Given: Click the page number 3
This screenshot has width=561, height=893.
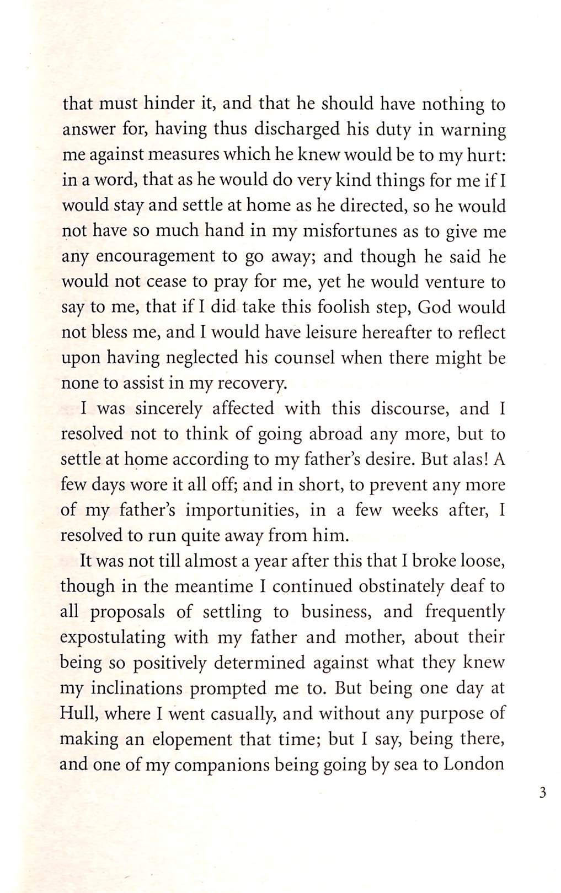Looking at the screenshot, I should click(x=543, y=794).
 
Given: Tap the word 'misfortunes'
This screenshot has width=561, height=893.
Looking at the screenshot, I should click(x=336, y=231).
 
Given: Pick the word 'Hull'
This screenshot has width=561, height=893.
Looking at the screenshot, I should click(x=78, y=714).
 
